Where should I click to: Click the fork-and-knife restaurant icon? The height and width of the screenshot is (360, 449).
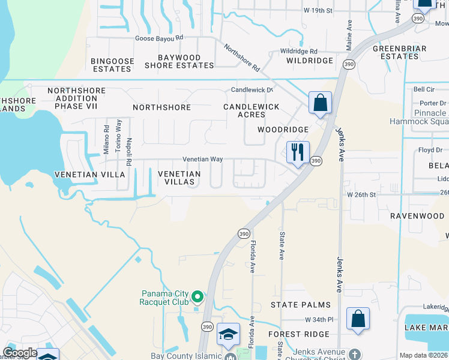[x=297, y=152]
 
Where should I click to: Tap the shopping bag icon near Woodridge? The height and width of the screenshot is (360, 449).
[x=321, y=102]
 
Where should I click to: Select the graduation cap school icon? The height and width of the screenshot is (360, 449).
[x=228, y=334]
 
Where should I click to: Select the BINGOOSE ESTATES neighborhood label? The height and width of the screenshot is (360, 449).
[x=111, y=65]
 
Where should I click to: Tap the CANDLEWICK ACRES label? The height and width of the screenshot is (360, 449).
[x=252, y=110]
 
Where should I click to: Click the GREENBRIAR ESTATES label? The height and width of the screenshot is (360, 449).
[x=400, y=52]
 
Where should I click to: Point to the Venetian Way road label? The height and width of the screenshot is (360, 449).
[x=203, y=160]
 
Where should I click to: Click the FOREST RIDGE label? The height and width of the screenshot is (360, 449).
[x=298, y=334]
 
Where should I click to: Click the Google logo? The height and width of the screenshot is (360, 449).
[x=19, y=353]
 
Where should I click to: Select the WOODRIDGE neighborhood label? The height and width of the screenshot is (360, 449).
[x=283, y=130]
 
